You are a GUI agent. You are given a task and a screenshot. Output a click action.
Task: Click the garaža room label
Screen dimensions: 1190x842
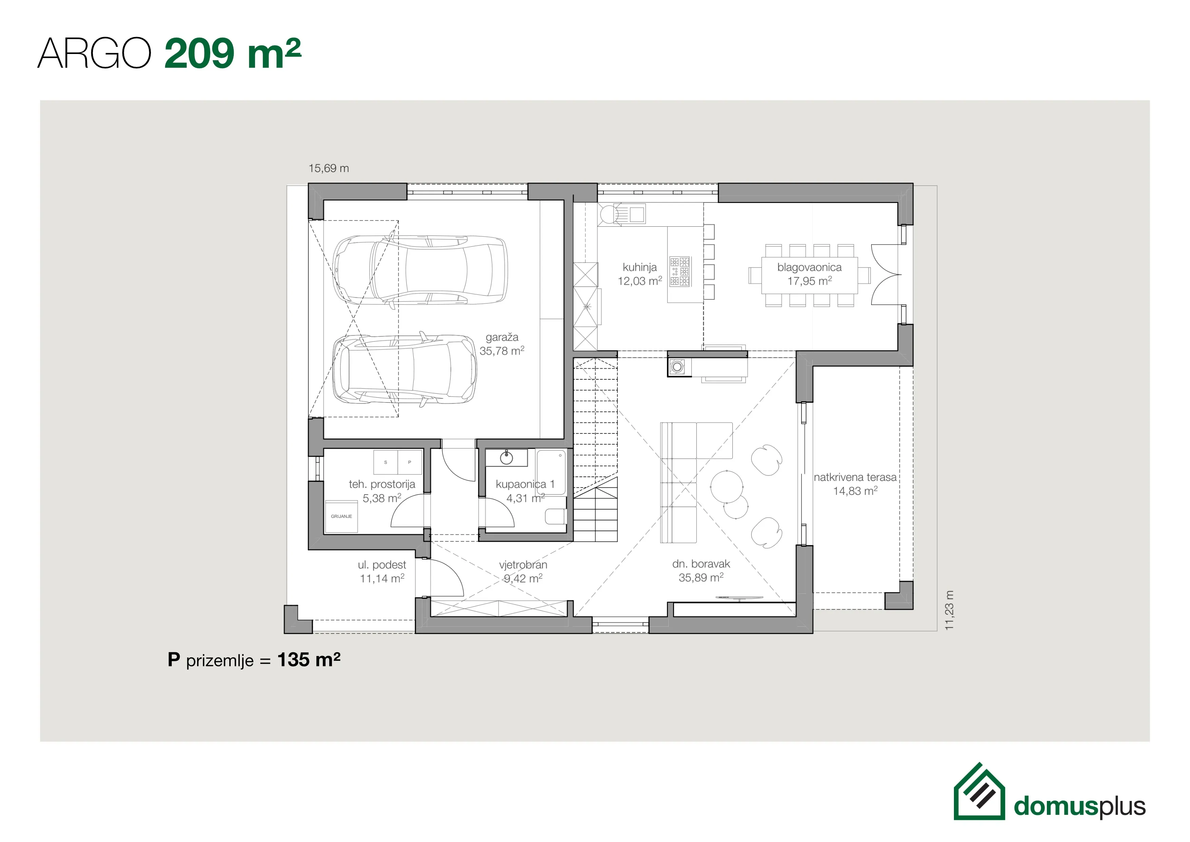point(502,344)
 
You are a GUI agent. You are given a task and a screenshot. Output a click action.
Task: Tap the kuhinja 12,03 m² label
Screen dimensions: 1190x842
point(639,274)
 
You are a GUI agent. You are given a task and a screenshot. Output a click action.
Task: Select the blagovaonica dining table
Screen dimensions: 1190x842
point(809,275)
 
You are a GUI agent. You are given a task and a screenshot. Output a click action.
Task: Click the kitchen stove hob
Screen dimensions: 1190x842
point(679,271)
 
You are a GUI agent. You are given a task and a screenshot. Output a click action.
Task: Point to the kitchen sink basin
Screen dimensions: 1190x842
point(637,213)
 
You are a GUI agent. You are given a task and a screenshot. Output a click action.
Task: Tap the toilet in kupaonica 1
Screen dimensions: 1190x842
point(556,517)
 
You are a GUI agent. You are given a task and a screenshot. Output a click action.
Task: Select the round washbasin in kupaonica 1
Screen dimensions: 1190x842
point(506,457)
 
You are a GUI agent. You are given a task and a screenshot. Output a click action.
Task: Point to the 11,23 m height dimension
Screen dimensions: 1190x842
point(949,610)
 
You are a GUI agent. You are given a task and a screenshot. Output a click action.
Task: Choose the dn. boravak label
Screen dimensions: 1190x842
point(701,570)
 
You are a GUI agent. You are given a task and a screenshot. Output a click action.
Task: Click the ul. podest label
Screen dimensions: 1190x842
point(382,572)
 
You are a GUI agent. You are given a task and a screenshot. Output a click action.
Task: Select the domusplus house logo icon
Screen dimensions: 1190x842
point(979,792)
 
